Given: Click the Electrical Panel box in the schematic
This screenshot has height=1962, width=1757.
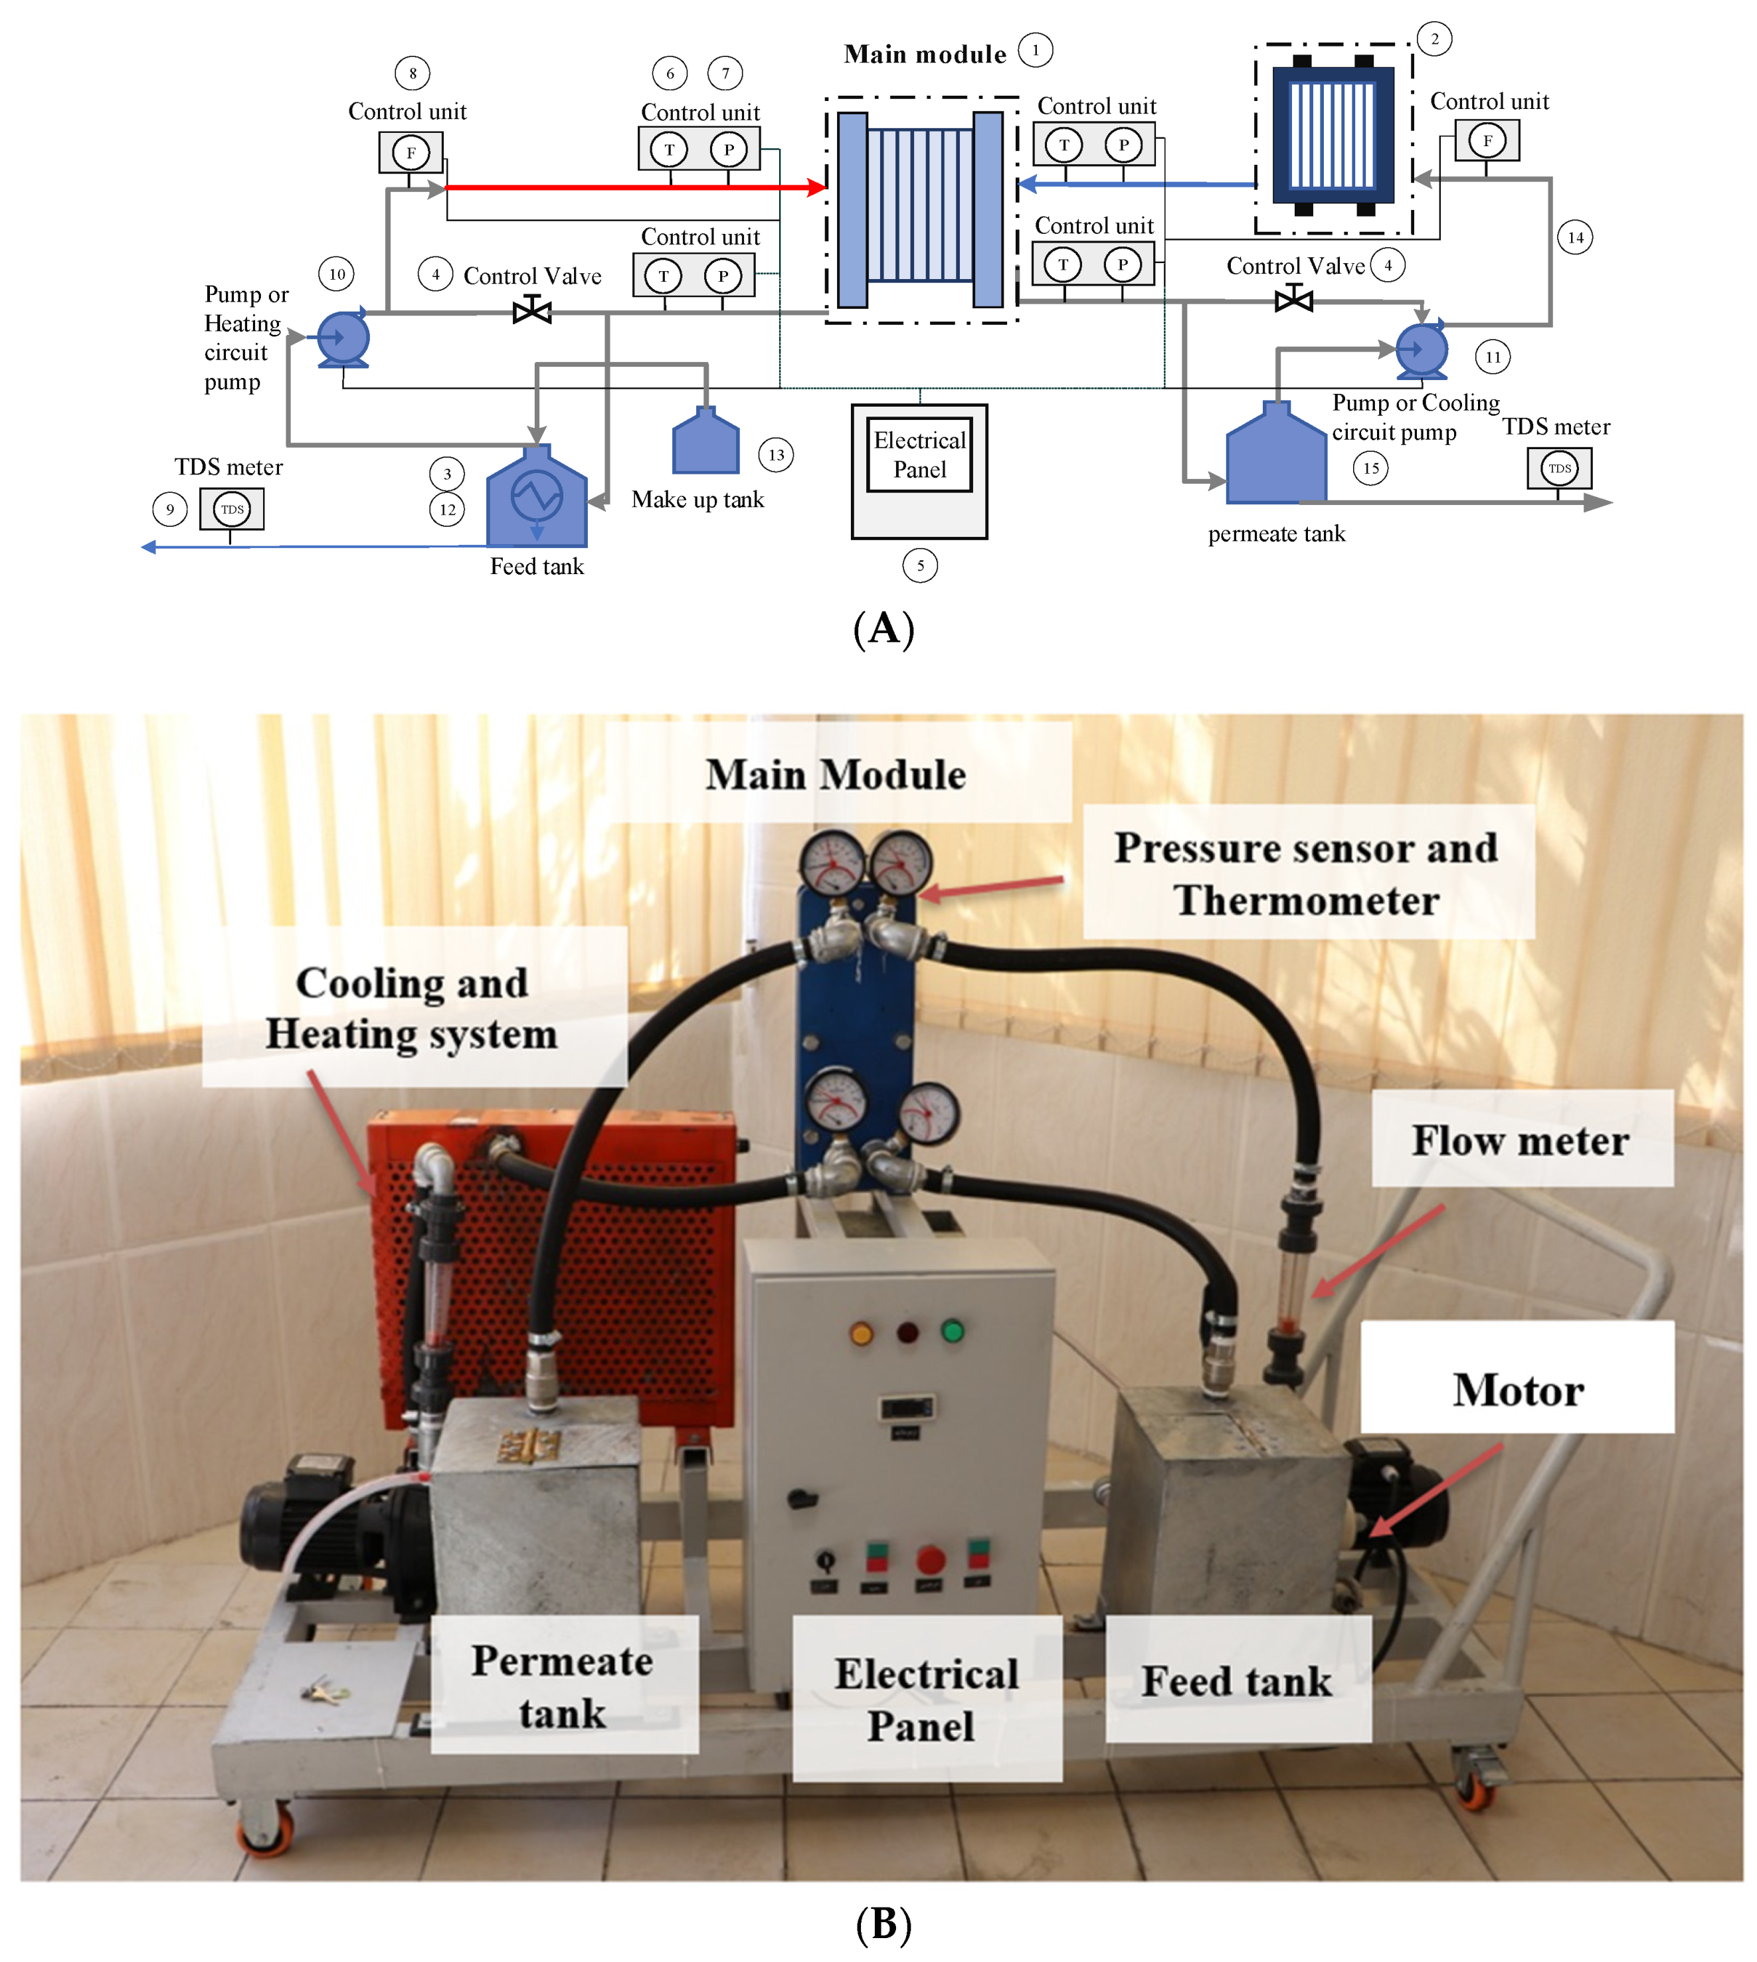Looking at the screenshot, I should tap(919, 471).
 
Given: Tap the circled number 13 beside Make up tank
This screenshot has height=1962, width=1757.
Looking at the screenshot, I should tap(776, 454).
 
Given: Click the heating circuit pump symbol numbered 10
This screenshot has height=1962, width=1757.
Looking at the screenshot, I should tap(343, 339).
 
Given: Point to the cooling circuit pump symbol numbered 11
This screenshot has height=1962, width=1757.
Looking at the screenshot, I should tap(1421, 349).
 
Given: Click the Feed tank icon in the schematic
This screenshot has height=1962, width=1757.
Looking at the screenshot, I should tap(537, 497).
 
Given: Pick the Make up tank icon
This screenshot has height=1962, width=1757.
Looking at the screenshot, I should tap(705, 442).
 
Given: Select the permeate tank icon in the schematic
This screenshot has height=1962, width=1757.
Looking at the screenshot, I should tap(1275, 456).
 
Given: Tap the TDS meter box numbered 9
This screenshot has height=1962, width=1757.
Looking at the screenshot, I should tap(232, 509).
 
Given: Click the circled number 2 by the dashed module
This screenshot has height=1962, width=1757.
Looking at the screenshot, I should tap(1435, 39).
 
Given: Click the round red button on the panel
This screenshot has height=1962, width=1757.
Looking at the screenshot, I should tap(930, 1559).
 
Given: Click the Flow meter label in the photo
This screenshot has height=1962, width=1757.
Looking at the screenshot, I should tap(1521, 1140).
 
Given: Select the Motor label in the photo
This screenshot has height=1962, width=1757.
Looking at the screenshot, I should tap(1518, 1391).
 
